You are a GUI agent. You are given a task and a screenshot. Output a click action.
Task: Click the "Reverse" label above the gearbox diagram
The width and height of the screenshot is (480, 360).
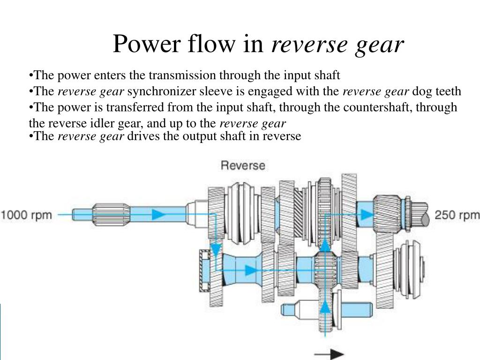tap(243, 165)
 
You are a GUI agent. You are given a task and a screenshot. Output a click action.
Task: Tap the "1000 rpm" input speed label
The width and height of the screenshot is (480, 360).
tap(29, 215)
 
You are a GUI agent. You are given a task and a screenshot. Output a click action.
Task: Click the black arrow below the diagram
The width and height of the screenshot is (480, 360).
tap(329, 354)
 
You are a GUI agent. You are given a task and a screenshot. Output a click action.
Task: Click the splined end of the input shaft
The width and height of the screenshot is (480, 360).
tap(108, 215)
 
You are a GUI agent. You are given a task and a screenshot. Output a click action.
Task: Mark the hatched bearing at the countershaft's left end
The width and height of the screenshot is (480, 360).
tap(204, 270)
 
